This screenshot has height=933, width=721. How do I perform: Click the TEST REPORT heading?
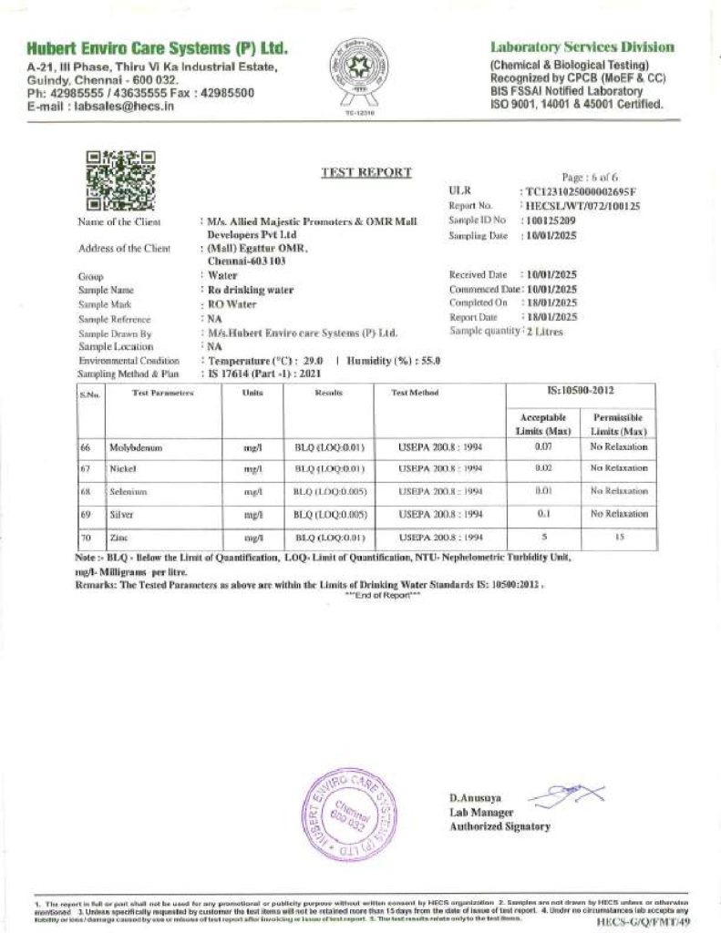[x=366, y=172]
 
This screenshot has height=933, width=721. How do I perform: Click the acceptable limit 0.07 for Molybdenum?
[x=543, y=446]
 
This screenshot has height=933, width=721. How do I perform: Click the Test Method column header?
[x=415, y=393]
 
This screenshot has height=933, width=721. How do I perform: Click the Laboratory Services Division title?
[x=582, y=47]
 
